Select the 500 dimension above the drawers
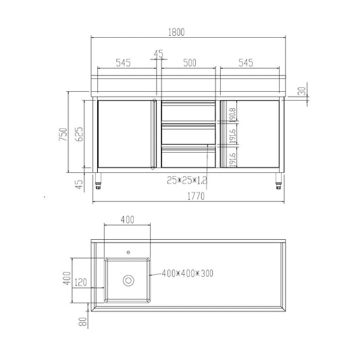(x=189, y=62)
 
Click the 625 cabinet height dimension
(x=80, y=134)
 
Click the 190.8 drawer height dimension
(x=233, y=114)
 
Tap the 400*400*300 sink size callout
(x=187, y=274)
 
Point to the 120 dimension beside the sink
(x=80, y=282)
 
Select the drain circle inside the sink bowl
(x=127, y=280)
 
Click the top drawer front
(x=188, y=112)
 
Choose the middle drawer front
(x=188, y=134)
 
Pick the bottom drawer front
(x=188, y=157)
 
